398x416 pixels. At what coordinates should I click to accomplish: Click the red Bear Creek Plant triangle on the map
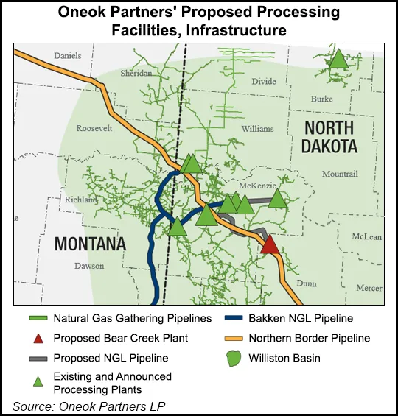click(x=270, y=244)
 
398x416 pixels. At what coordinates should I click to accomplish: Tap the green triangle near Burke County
click(x=338, y=60)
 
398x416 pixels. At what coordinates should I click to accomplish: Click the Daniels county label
click(x=68, y=55)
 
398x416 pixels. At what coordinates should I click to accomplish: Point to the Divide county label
click(x=264, y=82)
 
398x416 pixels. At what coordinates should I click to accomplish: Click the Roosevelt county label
click(x=94, y=128)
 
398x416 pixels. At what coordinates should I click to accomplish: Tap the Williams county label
click(x=257, y=129)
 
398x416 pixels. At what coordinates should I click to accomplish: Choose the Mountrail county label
click(x=339, y=173)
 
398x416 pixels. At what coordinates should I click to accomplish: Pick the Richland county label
click(x=81, y=200)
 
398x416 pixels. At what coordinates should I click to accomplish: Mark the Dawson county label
click(x=89, y=266)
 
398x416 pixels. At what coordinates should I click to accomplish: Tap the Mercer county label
click(x=369, y=288)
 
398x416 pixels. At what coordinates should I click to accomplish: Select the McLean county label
click(x=366, y=237)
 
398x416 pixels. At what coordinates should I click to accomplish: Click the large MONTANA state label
click(x=88, y=243)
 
